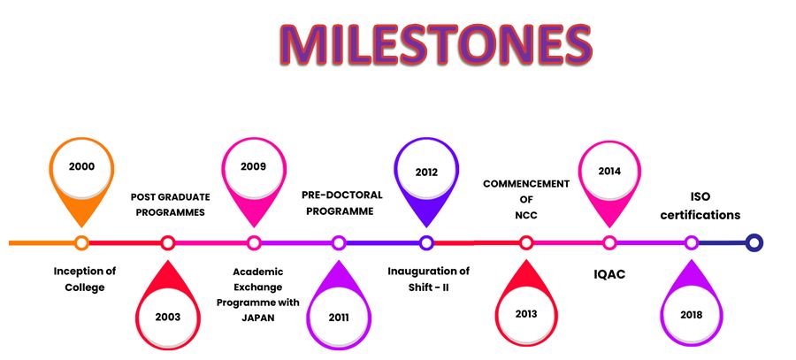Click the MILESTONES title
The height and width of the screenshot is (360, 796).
tap(436, 44)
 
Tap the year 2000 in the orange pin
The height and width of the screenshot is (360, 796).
tap(81, 166)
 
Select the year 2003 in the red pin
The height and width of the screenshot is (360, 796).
tap(168, 318)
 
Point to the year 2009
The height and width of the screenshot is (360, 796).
tap(253, 166)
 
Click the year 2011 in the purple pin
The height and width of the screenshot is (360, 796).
tap(339, 318)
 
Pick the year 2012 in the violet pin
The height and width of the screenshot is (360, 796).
tap(426, 172)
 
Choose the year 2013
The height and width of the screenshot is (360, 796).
tap(526, 314)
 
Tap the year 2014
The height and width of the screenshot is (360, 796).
tap(609, 171)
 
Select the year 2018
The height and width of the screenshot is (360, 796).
tap(691, 315)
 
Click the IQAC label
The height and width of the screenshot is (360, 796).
tap(609, 275)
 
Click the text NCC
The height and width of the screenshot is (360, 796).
tap(526, 215)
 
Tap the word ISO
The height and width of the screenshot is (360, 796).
tap(700, 197)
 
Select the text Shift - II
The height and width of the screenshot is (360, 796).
tap(428, 287)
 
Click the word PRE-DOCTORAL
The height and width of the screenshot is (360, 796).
tap(342, 195)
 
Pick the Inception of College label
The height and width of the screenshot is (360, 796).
tap(85, 279)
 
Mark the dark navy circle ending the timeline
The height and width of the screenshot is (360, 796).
tap(754, 242)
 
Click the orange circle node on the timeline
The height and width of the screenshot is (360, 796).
tap(81, 242)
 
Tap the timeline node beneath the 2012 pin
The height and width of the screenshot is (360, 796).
tap(426, 242)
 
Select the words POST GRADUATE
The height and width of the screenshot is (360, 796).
tap(170, 197)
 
